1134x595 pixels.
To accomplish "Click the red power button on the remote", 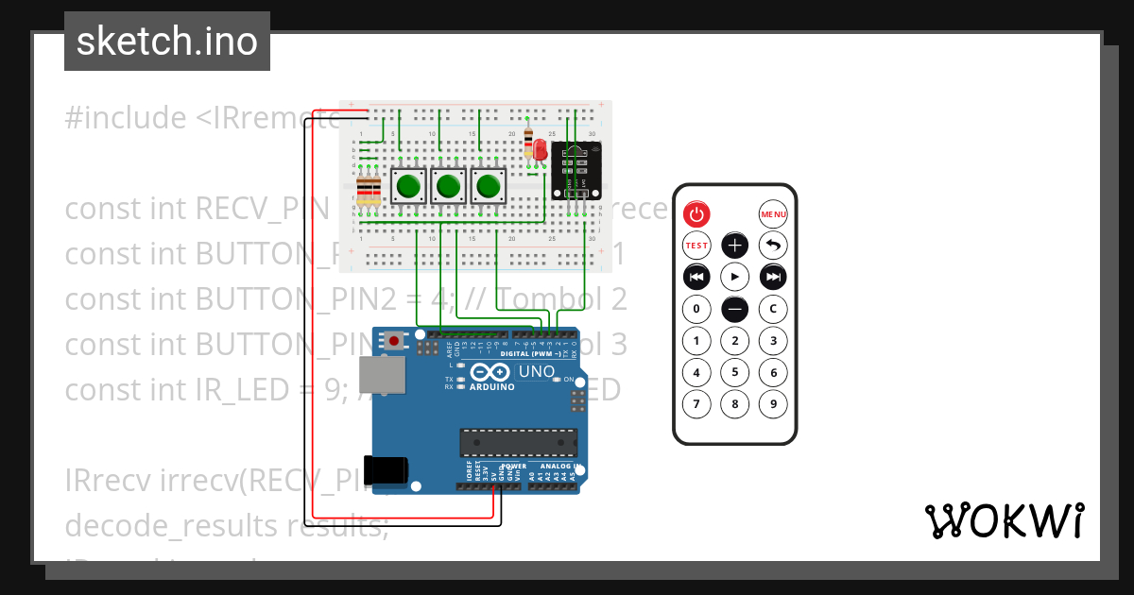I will tap(696, 214).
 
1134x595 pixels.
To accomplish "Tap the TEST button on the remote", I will tap(696, 246).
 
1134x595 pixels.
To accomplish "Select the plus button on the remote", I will tap(735, 246).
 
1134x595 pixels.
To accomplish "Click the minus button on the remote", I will tap(735, 309).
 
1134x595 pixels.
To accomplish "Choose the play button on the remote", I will tap(735, 277).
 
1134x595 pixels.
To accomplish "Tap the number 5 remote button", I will tap(735, 372).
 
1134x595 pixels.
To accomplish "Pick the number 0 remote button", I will tap(696, 309).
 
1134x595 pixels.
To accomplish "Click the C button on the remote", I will tap(773, 309).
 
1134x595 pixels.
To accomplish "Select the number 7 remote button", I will tap(696, 404).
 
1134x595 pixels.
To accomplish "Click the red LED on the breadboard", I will tap(540, 150).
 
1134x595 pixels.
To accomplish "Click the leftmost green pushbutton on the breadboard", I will tap(408, 186).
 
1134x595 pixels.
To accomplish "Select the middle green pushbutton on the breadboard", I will tap(448, 186).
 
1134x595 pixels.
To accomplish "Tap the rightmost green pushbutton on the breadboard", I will tap(488, 186).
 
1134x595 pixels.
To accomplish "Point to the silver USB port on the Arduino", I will tap(386, 375).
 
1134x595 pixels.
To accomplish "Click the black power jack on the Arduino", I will tap(388, 470).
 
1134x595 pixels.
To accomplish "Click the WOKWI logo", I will tap(1004, 520).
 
